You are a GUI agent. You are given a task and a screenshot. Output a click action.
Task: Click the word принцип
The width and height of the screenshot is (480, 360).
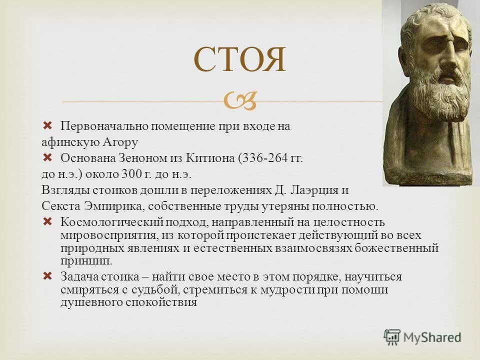pyautogui.click(x=86, y=261)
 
